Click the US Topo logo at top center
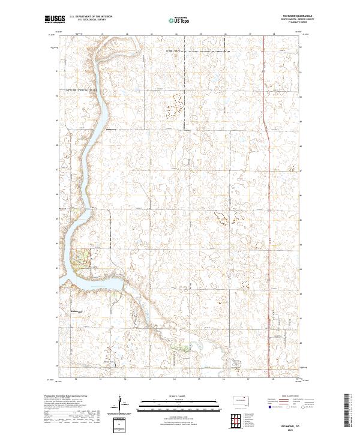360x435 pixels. click(x=179, y=20)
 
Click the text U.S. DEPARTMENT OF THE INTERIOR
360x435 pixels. click(x=91, y=16)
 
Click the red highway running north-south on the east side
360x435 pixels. click(x=266, y=120)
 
